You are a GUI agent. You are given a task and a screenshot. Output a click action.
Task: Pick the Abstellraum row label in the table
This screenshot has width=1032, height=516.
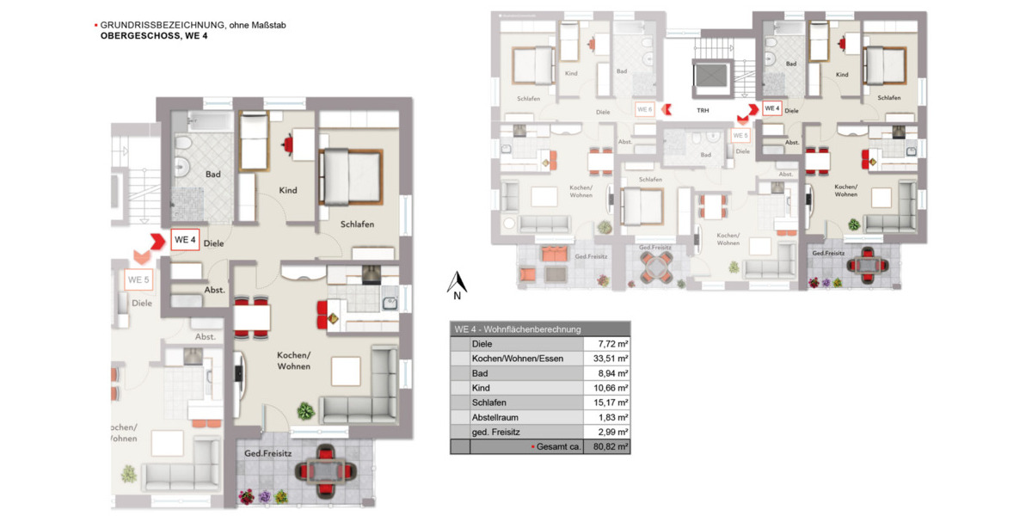[495, 417]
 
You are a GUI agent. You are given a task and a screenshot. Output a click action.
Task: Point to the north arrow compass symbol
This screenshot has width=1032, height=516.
[459, 283]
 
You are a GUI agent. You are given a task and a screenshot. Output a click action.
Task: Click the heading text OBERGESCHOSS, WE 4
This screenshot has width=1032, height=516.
[154, 36]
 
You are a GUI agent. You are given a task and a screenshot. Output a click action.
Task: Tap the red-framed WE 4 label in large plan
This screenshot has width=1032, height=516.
[185, 239]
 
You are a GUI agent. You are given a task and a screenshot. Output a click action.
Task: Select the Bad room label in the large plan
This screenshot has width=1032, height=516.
[212, 175]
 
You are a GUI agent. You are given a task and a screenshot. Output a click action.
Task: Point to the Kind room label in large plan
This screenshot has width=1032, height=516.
[287, 190]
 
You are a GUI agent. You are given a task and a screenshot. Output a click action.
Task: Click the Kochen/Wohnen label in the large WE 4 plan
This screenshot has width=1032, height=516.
[293, 361]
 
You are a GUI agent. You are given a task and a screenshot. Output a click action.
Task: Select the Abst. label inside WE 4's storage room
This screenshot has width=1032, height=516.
[214, 290]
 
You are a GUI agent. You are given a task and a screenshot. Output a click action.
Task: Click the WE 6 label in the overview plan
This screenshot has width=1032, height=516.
[644, 109]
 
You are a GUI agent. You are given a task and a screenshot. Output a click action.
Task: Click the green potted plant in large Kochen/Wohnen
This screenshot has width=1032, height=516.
[304, 410]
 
